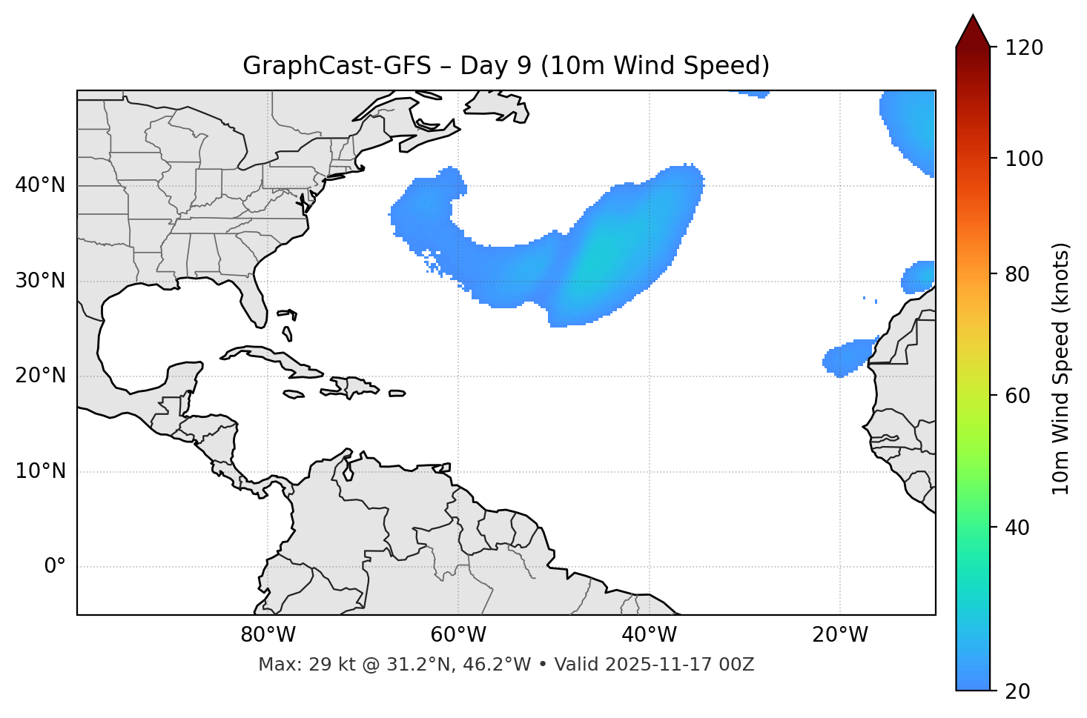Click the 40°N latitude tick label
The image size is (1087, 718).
click(x=40, y=185)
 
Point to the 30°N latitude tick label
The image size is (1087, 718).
click(x=40, y=281)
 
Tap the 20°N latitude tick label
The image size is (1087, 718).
click(x=40, y=376)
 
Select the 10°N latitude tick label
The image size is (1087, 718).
click(x=40, y=471)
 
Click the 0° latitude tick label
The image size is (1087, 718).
click(x=55, y=567)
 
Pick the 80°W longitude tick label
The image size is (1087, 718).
click(x=268, y=635)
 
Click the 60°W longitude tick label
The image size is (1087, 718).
click(x=458, y=635)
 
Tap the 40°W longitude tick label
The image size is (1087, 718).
click(x=649, y=635)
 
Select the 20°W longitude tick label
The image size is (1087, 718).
click(x=839, y=635)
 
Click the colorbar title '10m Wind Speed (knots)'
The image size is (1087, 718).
click(x=1061, y=368)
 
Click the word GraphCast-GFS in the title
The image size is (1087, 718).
click(x=337, y=66)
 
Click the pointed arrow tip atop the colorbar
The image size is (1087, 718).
click(x=973, y=18)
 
